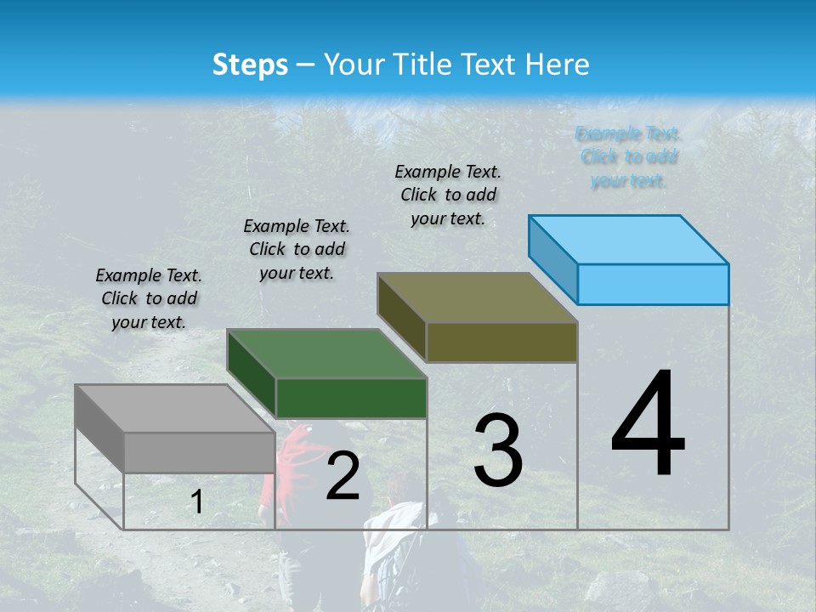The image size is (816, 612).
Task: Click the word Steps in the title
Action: [x=250, y=65]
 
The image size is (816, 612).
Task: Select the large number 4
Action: [x=648, y=424]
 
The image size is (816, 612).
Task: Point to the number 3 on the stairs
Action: [x=497, y=450]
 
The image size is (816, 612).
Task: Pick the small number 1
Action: [x=196, y=502]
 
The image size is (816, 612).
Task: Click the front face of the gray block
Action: [x=199, y=452]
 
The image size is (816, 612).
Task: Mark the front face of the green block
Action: [x=351, y=398]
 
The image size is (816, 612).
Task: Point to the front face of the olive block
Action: [x=501, y=342]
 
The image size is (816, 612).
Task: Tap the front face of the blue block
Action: [x=653, y=284]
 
